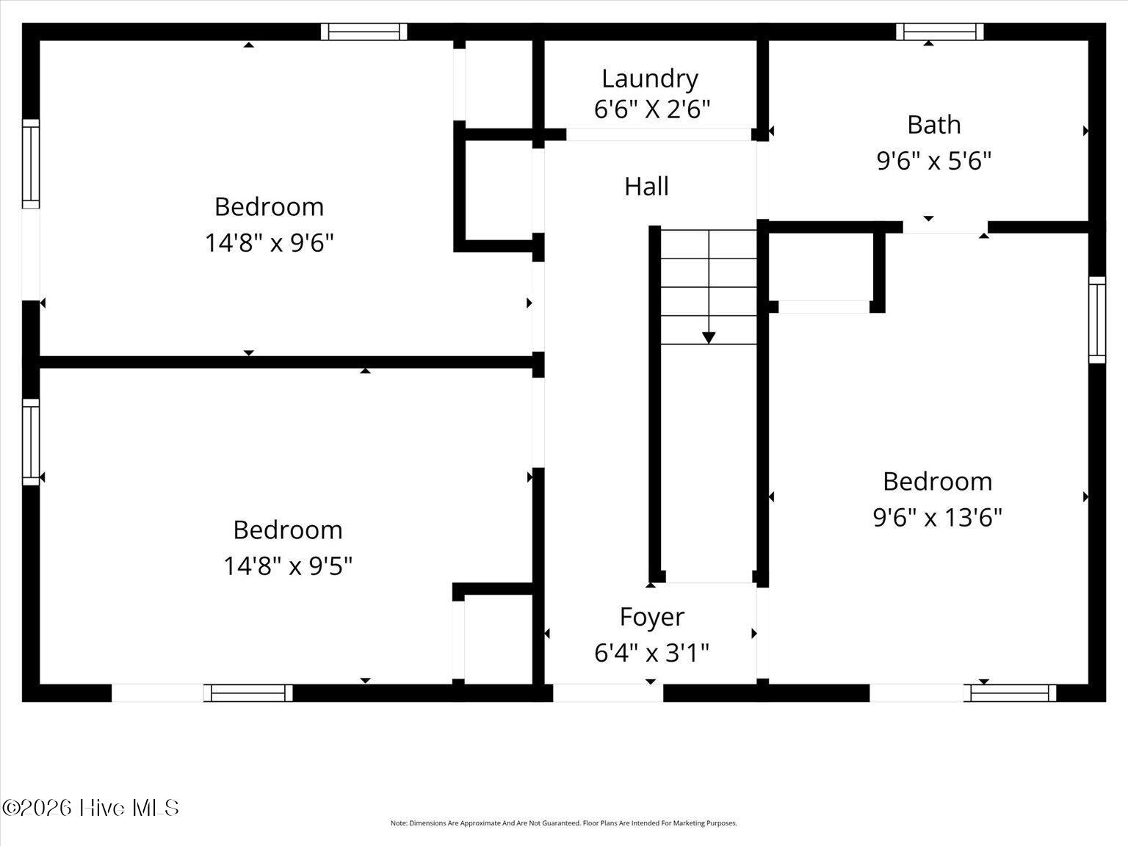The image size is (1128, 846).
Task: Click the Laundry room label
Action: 649,79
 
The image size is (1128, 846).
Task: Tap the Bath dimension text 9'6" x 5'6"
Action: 933,160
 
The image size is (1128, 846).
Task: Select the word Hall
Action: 646,187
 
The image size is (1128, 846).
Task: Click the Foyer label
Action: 651,617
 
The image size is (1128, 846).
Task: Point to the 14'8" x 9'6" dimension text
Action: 269,242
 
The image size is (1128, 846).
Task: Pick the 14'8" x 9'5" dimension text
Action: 288,566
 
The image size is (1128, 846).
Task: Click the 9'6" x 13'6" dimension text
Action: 937,518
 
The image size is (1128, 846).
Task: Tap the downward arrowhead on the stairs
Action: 709,337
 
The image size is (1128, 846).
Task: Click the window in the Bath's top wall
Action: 939,32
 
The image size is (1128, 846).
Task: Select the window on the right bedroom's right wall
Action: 1096,319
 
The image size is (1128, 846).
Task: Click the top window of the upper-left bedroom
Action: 364,32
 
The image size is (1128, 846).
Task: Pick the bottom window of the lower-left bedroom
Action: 248,693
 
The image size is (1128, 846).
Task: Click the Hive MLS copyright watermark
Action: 90,808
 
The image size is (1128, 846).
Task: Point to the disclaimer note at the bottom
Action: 563,823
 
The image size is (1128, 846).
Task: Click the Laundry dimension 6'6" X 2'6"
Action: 651,110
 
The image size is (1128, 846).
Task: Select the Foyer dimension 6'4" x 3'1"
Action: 651,652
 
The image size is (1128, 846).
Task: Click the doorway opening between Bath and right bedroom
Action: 945,227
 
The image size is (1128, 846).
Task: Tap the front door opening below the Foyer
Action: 607,693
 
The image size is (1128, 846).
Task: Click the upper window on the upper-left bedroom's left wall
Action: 30,164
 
